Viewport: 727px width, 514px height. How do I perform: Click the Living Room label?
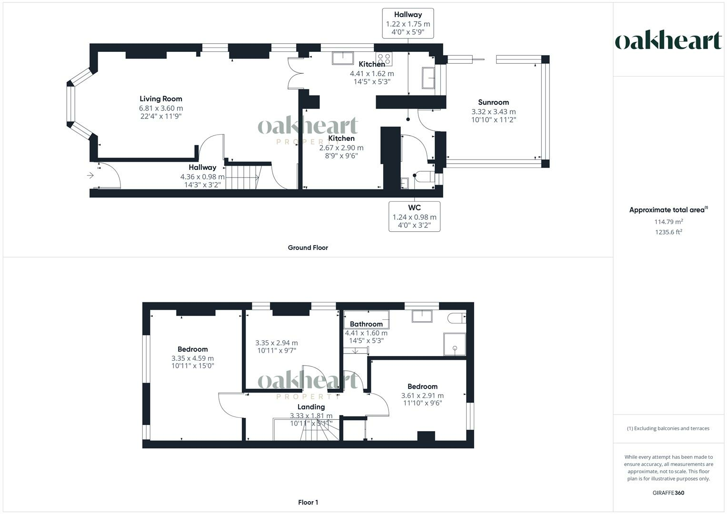160,99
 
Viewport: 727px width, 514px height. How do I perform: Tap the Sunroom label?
493,102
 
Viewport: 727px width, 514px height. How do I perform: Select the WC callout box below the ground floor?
414,217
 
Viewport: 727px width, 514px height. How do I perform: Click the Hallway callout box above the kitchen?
408,23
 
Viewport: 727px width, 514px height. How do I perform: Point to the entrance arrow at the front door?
90,176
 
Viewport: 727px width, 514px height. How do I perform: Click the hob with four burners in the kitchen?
384,59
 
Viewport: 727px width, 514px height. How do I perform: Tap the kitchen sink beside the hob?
343,58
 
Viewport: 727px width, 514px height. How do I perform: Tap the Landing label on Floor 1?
311,407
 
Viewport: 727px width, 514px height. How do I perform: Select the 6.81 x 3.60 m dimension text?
160,109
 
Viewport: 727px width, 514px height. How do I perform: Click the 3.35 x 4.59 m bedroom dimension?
192,358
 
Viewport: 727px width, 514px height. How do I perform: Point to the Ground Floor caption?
308,247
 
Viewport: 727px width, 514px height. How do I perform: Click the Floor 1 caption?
308,502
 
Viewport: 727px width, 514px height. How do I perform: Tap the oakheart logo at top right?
668,41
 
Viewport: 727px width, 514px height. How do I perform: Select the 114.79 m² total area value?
668,222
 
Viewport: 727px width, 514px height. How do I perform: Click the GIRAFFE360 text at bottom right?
668,493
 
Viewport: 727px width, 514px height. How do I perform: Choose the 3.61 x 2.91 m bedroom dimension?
422,395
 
